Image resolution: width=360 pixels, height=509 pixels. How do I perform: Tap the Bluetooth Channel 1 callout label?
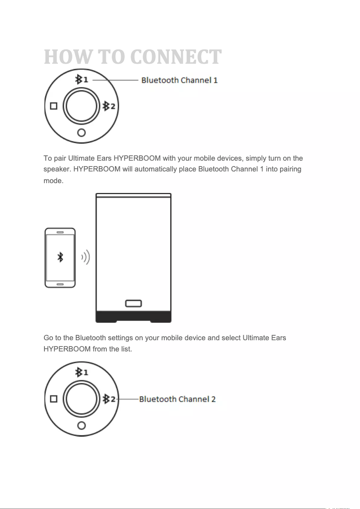(x=180, y=80)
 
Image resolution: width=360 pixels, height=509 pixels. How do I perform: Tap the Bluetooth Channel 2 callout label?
(x=177, y=399)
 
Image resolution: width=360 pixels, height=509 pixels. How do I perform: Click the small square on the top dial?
(x=54, y=106)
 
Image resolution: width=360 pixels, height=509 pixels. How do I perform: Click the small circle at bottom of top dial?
(x=81, y=132)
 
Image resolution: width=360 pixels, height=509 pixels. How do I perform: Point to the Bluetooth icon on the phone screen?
(x=60, y=257)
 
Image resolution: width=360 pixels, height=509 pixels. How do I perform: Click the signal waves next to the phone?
(x=86, y=258)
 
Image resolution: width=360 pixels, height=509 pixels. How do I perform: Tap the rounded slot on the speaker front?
(x=133, y=303)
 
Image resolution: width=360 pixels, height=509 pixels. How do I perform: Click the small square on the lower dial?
(x=54, y=399)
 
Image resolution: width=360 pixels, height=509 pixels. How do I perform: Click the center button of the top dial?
(x=81, y=106)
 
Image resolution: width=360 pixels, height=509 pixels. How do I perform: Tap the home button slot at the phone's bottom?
(x=60, y=284)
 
